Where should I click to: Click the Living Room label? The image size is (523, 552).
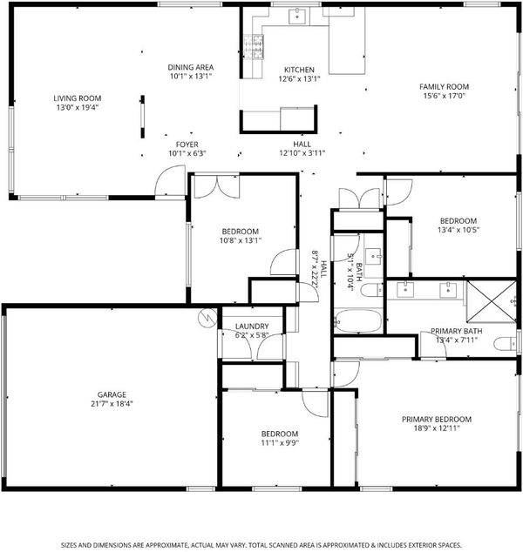78,98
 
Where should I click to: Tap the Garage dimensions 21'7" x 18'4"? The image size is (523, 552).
112,404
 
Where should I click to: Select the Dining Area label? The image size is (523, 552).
191,67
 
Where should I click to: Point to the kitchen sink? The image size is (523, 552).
297,17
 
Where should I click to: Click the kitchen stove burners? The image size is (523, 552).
254,46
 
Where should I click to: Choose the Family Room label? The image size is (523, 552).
444,86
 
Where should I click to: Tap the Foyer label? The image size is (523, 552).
187,145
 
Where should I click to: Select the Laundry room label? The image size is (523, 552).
252,326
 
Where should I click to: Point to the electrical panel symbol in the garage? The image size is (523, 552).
207,317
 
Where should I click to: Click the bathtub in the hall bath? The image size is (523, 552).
358,321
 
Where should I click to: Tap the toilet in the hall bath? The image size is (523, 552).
372,290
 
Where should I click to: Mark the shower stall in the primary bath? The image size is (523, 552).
492,302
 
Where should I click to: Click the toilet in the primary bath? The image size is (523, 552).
506,344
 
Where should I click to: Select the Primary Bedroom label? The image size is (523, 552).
437,420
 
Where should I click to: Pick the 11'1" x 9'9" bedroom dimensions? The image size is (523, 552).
280,443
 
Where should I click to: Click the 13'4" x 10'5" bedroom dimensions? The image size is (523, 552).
458,230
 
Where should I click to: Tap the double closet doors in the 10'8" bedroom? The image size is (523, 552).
217,185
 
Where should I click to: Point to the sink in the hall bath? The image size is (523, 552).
373,256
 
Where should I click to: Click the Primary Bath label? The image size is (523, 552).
457,331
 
